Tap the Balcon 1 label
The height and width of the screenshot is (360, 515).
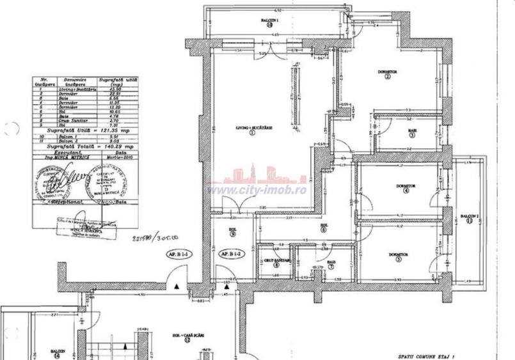point(271,20)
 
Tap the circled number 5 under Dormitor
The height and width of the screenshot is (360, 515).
point(398,260)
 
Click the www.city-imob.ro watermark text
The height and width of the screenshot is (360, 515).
point(257,190)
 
